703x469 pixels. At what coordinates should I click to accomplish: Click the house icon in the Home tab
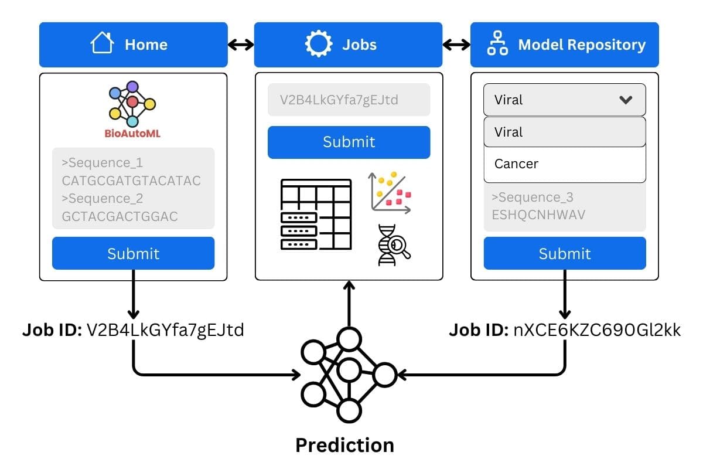click(x=101, y=44)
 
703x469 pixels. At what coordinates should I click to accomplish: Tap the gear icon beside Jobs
click(x=319, y=44)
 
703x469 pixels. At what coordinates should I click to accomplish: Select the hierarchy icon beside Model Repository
click(x=498, y=45)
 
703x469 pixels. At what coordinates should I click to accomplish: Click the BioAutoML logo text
click(x=132, y=134)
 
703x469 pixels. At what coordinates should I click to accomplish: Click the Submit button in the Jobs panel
click(x=349, y=142)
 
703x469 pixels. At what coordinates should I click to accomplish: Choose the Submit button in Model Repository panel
click(x=565, y=253)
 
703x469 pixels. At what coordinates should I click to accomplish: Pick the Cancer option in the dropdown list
click(x=516, y=164)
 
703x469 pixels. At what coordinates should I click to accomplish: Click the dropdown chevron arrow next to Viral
click(x=626, y=100)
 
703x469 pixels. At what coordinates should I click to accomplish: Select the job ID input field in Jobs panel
click(x=349, y=100)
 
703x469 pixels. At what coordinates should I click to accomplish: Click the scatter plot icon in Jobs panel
click(x=390, y=192)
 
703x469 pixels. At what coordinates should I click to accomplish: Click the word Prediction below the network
click(x=344, y=445)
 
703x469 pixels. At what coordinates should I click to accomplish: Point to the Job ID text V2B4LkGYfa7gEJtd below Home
click(x=165, y=331)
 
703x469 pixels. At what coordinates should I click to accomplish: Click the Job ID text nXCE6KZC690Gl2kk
click(x=597, y=331)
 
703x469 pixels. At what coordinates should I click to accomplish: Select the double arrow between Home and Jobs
click(x=241, y=45)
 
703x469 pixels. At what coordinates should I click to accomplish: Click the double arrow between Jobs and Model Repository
click(x=456, y=45)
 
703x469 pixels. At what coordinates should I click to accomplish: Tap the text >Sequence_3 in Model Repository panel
click(x=533, y=197)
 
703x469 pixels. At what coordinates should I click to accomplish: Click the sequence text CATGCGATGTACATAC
click(x=131, y=180)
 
